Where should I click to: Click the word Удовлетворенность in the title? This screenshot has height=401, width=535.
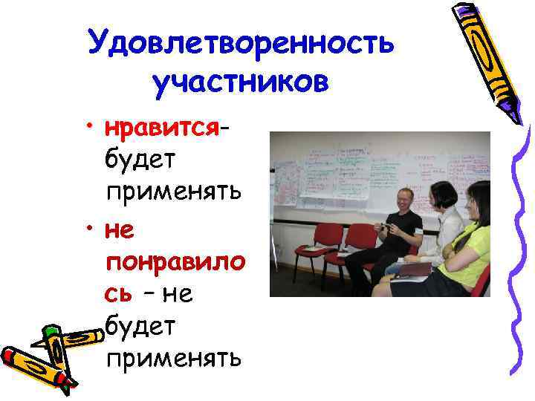(x=240, y=42)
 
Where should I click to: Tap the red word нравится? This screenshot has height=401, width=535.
(x=162, y=129)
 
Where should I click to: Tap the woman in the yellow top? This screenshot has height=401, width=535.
(x=473, y=238)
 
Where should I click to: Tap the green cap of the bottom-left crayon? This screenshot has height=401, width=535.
(x=51, y=334)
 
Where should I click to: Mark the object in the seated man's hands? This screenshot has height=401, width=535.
(x=385, y=226)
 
